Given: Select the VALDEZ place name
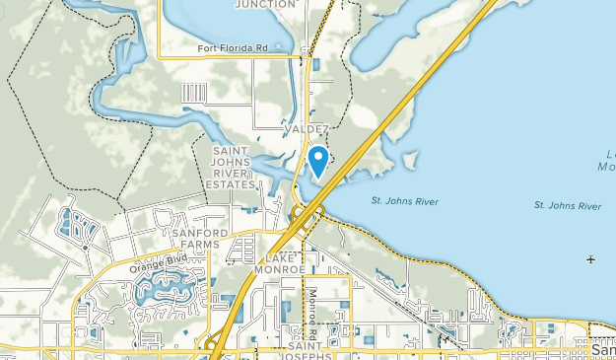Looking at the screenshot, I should tap(305, 129).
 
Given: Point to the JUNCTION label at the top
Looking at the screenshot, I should tap(265, 4).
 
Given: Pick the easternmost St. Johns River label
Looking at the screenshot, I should tap(567, 205).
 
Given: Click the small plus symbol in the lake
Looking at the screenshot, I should tap(590, 259).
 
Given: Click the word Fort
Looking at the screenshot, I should tap(205, 47).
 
